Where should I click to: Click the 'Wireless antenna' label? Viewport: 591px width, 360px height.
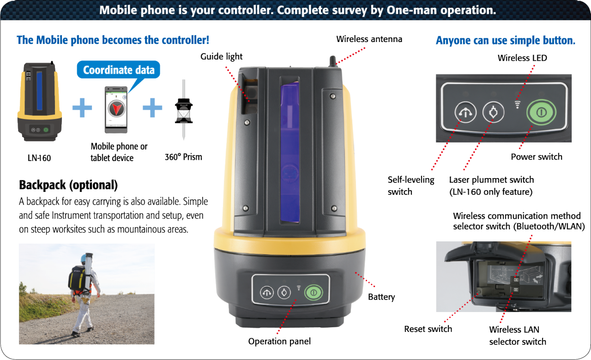369,39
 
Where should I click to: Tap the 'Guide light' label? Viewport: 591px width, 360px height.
221,57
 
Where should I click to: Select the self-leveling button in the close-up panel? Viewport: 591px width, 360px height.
465,112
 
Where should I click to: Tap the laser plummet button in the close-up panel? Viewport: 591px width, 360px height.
493,112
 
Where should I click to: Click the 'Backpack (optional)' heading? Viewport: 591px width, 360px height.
68,186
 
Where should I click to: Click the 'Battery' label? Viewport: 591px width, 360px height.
381,297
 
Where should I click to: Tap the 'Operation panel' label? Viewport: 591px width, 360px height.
279,342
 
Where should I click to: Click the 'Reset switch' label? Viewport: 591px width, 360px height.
428,329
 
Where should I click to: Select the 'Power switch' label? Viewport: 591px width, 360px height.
536,157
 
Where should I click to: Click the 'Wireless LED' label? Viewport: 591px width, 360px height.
522,58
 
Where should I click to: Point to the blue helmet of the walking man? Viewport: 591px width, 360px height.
84,258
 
